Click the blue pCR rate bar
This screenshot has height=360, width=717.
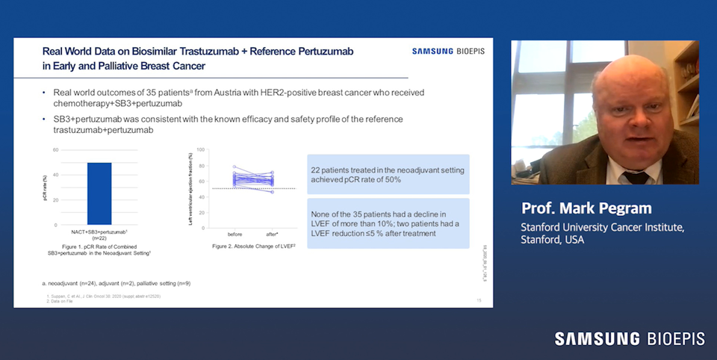point(99,193)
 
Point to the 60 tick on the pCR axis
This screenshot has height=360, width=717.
point(55,150)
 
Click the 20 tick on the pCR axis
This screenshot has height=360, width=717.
point(55,200)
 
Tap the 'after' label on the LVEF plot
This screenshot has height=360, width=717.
point(272,234)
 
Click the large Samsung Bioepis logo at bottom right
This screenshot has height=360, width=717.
point(629,339)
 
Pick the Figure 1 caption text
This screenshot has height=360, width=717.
point(99,249)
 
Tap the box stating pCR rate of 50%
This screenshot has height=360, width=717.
point(388,175)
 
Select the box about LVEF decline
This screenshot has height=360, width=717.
point(388,222)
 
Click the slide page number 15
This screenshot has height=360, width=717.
point(479,300)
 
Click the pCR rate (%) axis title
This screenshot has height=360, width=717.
point(45,187)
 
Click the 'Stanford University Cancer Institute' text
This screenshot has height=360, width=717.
point(602,227)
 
